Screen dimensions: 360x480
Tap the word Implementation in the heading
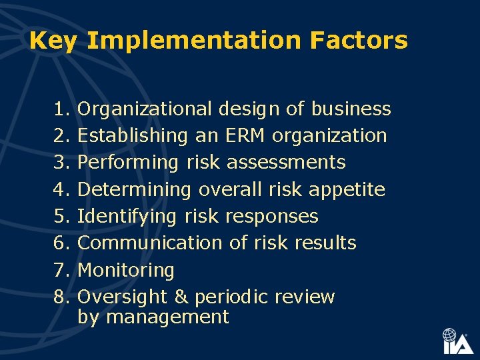click(x=194, y=41)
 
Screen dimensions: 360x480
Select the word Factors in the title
click(x=359, y=41)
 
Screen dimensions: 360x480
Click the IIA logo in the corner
click(x=457, y=341)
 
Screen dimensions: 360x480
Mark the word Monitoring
click(x=126, y=270)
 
